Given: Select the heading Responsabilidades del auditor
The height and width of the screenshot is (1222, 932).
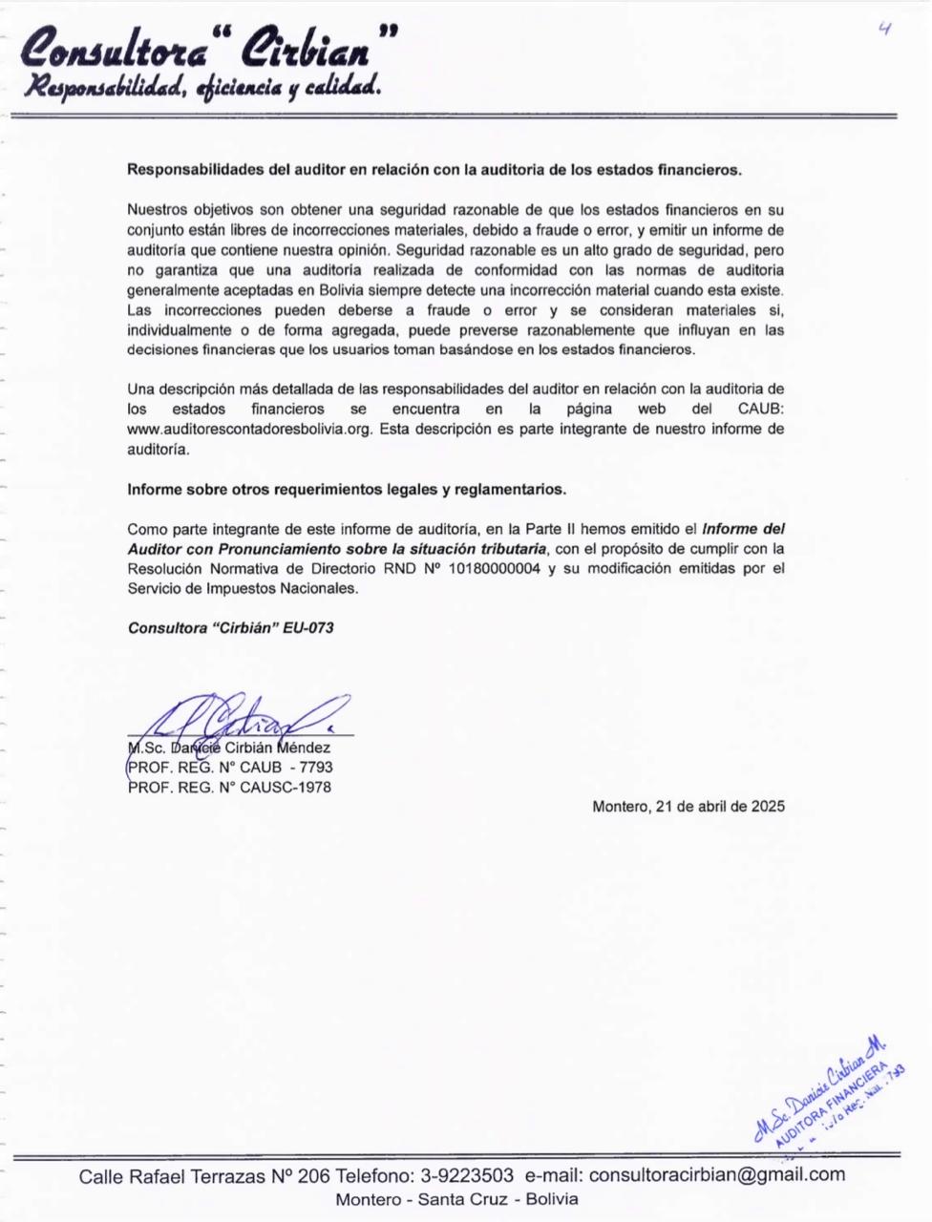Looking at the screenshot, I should (434, 170).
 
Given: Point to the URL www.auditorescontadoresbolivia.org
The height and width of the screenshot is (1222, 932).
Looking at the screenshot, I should (249, 430).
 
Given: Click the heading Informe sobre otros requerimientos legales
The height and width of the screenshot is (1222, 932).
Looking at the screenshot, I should (347, 490).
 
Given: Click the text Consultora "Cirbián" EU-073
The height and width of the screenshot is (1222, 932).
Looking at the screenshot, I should (230, 628).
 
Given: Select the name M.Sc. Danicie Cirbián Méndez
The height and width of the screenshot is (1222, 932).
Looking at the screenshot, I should (229, 748).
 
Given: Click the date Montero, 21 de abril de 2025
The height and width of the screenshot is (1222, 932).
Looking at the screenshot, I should (688, 807).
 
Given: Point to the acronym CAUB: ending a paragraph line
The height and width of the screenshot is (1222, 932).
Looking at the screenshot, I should (761, 410).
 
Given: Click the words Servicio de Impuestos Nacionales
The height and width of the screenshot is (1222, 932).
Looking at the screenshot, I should (243, 589).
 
